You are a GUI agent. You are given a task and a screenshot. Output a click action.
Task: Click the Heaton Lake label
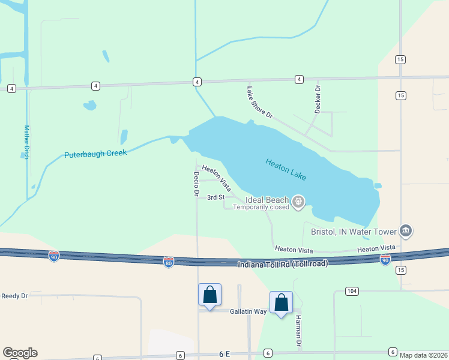click(x=286, y=169)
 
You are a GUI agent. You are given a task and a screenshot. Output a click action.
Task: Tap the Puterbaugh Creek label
click(x=95, y=154)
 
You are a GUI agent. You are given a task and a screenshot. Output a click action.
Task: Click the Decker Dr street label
click(x=318, y=96)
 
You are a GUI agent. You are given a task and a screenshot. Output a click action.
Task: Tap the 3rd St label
click(x=215, y=197)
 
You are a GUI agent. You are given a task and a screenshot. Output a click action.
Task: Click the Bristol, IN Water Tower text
click(x=354, y=232)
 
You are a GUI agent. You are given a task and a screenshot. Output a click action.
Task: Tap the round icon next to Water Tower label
click(x=406, y=231)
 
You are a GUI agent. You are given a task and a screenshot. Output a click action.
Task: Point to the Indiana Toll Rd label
click(x=283, y=265)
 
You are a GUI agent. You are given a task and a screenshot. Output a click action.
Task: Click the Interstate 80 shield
click(x=168, y=262)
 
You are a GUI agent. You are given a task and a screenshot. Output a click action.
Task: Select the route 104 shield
click(x=353, y=291)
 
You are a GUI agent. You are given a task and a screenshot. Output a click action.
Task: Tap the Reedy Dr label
click(x=15, y=296)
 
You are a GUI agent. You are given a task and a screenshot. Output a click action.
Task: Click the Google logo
click(x=20, y=353)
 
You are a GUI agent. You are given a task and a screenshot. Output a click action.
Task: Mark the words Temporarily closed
click(x=261, y=208)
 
